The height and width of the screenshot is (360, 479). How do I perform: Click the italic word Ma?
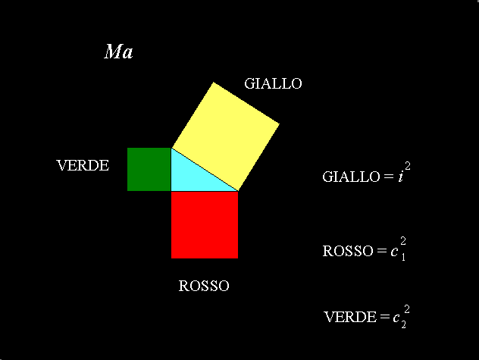pyautogui.click(x=118, y=52)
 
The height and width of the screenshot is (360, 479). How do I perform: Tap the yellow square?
pyautogui.click(x=226, y=136)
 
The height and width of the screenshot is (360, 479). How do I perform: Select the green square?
pyautogui.click(x=149, y=169)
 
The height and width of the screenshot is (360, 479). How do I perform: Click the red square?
pyautogui.click(x=205, y=225)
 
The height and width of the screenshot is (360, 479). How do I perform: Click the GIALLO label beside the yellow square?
pyautogui.click(x=273, y=83)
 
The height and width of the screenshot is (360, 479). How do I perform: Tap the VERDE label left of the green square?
pyautogui.click(x=83, y=165)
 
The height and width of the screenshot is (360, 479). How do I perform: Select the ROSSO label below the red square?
pyautogui.click(x=204, y=286)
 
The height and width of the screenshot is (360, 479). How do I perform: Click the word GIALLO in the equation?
pyautogui.click(x=351, y=177)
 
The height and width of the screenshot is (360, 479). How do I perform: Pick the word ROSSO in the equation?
pyautogui.click(x=348, y=251)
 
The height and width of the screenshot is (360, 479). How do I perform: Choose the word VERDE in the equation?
pyautogui.click(x=350, y=317)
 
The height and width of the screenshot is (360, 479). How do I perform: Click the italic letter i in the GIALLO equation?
pyautogui.click(x=400, y=177)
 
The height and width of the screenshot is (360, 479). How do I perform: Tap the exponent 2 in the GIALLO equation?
pyautogui.click(x=408, y=166)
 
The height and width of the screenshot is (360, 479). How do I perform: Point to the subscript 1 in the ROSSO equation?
pyautogui.click(x=403, y=257)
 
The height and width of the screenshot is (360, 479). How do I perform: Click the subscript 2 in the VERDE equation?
pyautogui.click(x=403, y=324)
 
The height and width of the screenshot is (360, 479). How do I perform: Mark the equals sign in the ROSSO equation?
pyautogui.click(x=382, y=251)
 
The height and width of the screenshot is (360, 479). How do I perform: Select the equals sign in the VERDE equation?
pyautogui.click(x=384, y=317)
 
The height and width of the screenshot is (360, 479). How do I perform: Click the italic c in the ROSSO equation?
pyautogui.click(x=394, y=251)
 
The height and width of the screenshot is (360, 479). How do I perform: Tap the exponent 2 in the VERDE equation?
pyautogui.click(x=407, y=309)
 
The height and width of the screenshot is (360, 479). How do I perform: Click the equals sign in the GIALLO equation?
pyautogui.click(x=389, y=177)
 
